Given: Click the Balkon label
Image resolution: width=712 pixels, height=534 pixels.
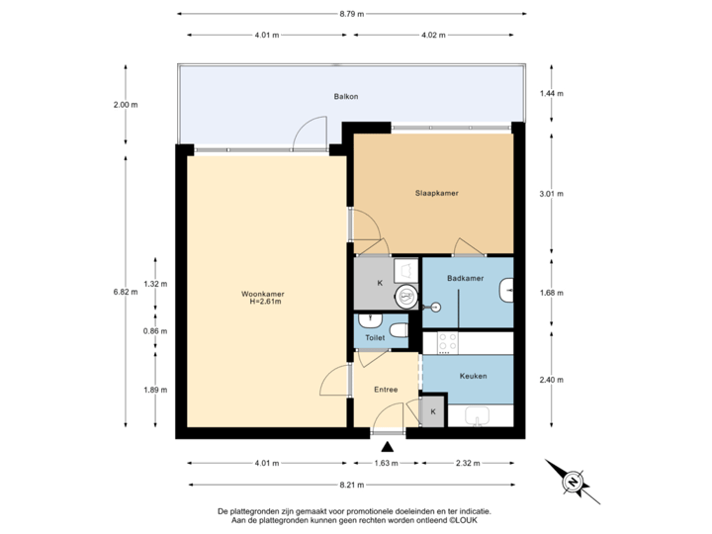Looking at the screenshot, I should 345,97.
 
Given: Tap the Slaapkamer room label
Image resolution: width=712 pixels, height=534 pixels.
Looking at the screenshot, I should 435,194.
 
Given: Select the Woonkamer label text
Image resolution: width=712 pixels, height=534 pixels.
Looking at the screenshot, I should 262,298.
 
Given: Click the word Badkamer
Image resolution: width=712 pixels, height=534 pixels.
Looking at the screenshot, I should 465,280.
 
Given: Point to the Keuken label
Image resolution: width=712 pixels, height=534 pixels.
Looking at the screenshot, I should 472,376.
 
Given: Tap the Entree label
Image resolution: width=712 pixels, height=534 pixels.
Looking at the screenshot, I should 386,390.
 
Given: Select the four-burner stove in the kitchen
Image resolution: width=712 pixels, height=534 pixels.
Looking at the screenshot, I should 446,342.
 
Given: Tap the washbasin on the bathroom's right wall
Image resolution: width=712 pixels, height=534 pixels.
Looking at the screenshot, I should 507,290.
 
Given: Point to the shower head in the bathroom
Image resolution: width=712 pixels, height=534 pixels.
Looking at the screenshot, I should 431,307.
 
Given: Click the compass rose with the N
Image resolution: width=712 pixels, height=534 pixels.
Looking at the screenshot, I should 572,482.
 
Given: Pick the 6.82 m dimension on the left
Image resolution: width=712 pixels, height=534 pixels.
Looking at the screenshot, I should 126,292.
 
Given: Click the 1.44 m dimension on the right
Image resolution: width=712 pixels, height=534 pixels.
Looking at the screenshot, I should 551,94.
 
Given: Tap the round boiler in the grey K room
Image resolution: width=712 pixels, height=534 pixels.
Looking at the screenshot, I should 406,296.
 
